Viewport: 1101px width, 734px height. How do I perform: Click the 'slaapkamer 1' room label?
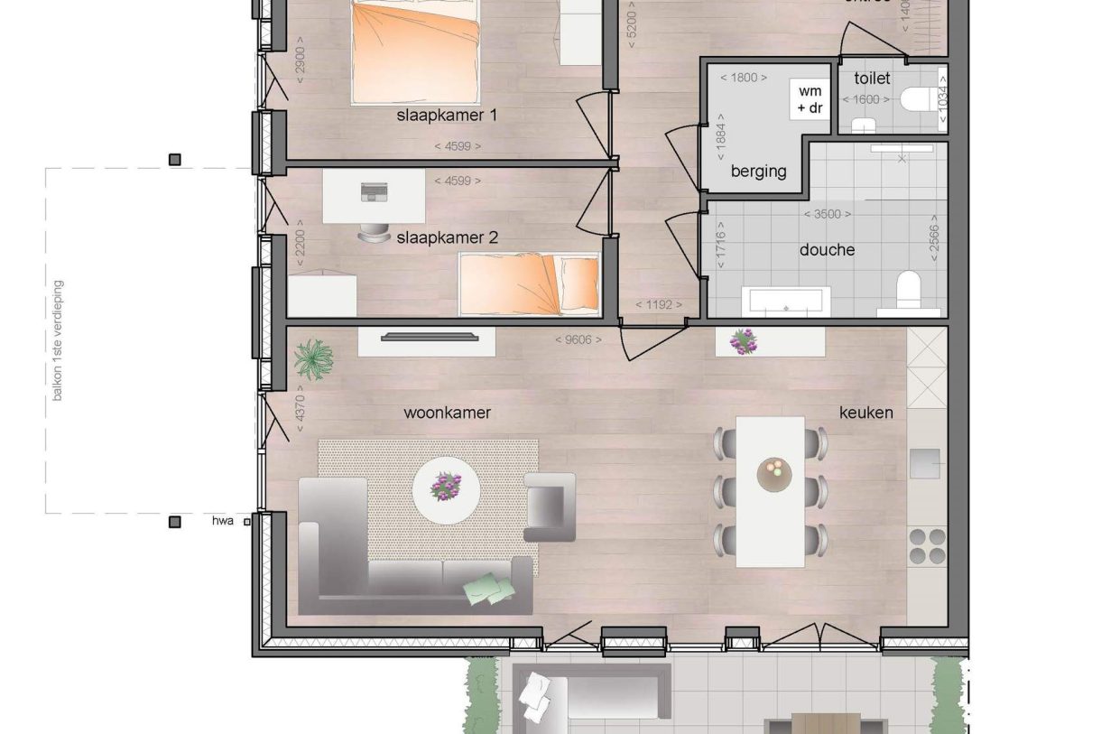(448, 116)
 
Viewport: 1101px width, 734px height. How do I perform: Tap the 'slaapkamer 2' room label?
(448, 238)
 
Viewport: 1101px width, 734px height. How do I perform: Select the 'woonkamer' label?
(447, 413)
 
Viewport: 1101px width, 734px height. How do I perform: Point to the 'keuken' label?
(866, 413)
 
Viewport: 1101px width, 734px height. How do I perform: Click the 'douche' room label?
(827, 250)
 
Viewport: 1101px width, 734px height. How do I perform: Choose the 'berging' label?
(759, 172)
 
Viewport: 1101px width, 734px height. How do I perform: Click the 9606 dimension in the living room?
(578, 340)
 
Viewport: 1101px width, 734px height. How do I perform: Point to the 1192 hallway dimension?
(659, 305)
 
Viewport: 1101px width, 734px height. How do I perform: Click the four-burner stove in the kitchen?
(927, 545)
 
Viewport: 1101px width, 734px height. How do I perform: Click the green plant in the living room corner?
(313, 358)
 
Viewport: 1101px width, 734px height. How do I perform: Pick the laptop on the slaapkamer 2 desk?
(372, 192)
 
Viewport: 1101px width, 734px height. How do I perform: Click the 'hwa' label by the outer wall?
(223, 521)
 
